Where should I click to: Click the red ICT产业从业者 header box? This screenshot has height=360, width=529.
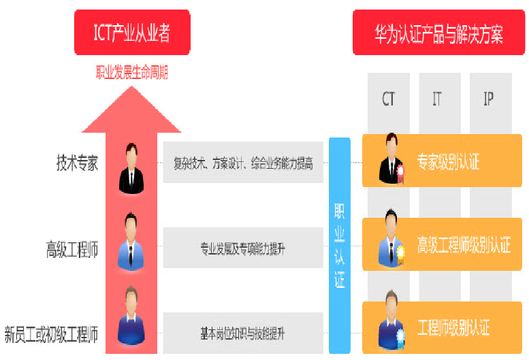[x=132, y=32]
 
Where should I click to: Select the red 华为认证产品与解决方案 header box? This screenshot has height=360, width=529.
[x=438, y=33]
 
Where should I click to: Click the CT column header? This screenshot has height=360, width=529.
[x=388, y=99]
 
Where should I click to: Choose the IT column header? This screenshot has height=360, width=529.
[x=437, y=99]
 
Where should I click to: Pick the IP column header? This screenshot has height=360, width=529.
[x=488, y=99]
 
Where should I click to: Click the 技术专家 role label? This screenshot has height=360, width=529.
[x=77, y=163]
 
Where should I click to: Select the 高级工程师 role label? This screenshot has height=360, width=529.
[x=71, y=250]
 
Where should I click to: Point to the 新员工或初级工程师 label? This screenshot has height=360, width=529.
[x=51, y=334]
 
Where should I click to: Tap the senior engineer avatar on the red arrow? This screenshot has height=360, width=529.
[x=131, y=243]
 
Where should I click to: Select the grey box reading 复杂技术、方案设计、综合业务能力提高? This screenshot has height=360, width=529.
[x=243, y=163]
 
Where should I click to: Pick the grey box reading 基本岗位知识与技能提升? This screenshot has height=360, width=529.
[x=243, y=334]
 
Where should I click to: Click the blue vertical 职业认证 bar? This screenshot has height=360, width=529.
[x=339, y=246]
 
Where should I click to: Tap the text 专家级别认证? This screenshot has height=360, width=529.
[x=448, y=162]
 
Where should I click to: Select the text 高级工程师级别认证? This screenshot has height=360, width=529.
[x=464, y=246]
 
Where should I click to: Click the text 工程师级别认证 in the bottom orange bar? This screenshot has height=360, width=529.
[x=453, y=329]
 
